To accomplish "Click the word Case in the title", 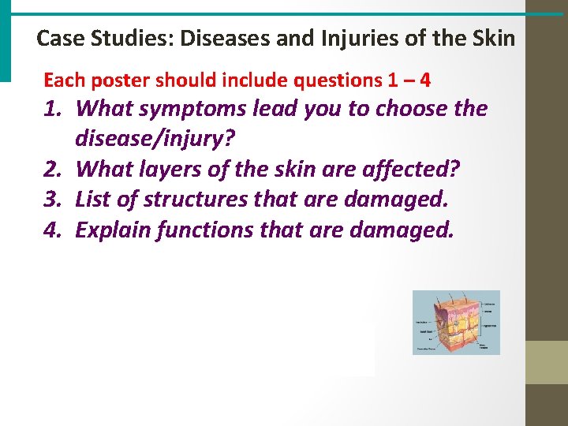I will tap(56, 38).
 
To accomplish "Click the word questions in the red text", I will tap(332, 80).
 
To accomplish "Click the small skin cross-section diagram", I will tap(456, 322).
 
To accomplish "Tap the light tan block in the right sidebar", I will tap(547, 362).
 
